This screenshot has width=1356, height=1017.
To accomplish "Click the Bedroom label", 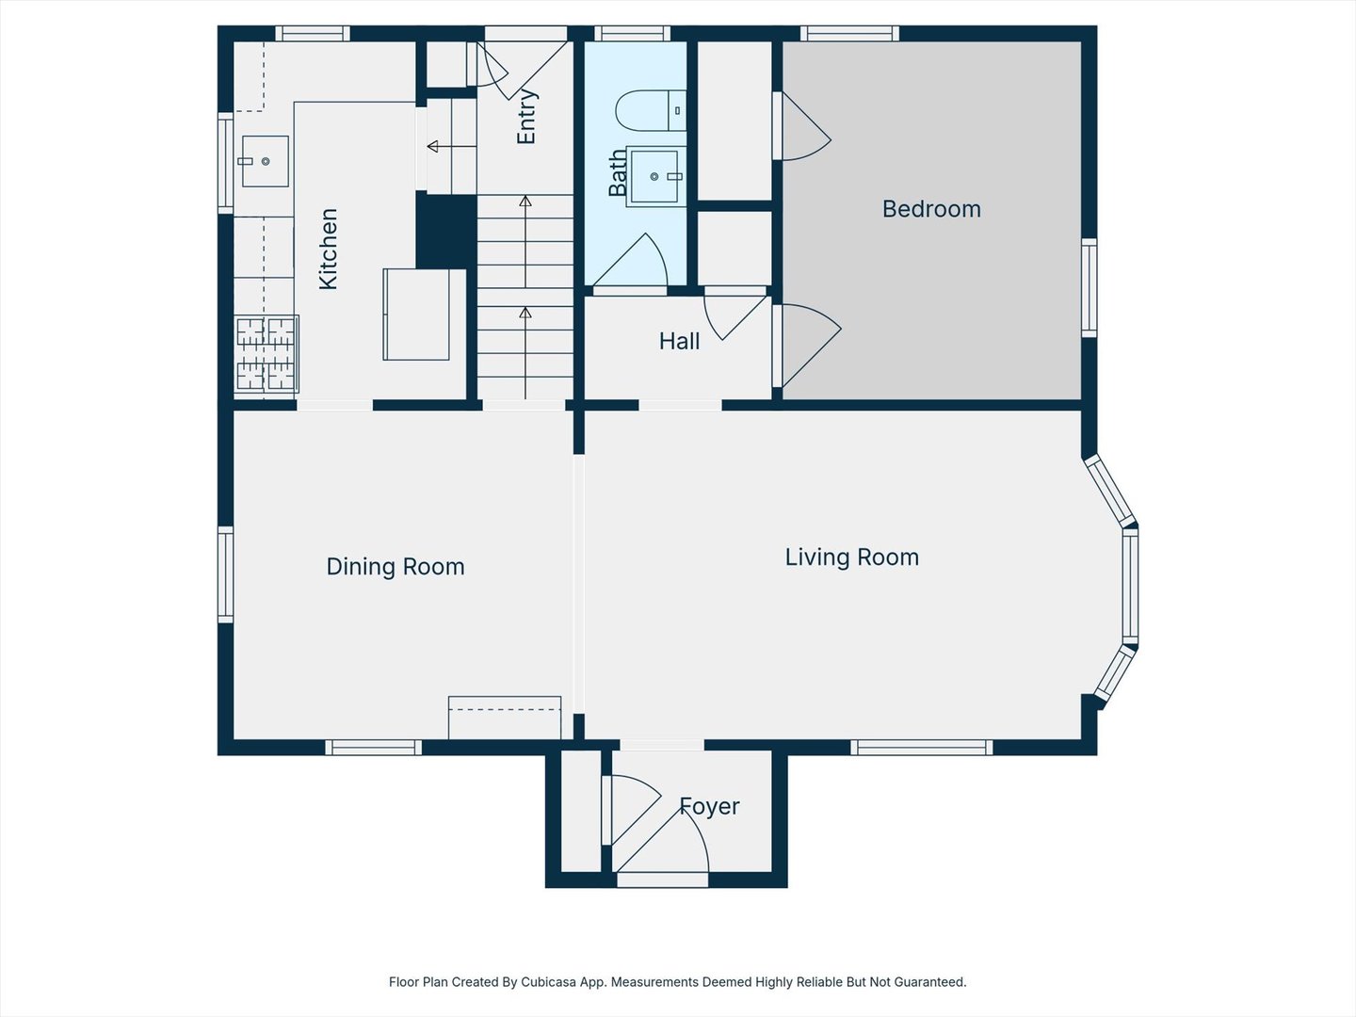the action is [x=931, y=209].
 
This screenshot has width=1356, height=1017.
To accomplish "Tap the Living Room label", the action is [x=852, y=557].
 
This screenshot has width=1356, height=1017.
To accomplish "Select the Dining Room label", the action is [x=395, y=566].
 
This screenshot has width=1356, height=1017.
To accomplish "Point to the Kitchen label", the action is [x=328, y=249].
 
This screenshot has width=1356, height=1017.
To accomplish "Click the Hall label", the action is [x=679, y=341].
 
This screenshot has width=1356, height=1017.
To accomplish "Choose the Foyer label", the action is [x=709, y=806].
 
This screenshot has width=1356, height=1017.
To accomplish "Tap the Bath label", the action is [x=618, y=173].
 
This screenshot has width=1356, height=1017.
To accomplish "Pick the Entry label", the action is [x=526, y=117].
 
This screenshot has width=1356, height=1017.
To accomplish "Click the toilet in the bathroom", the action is [x=651, y=110].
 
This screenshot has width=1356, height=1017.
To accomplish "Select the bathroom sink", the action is [x=655, y=177].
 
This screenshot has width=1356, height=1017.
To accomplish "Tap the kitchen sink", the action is [x=265, y=161].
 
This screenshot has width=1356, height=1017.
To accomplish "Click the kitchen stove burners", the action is [x=266, y=354].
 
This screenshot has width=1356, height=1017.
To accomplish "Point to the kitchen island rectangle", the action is [x=416, y=315].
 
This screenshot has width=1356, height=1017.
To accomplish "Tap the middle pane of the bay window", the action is [x=1130, y=586].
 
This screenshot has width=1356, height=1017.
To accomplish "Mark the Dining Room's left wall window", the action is [x=225, y=574].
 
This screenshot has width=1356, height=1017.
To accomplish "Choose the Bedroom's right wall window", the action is [x=1090, y=288].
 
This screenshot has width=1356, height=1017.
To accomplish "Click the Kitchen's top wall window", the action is [x=313, y=33].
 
